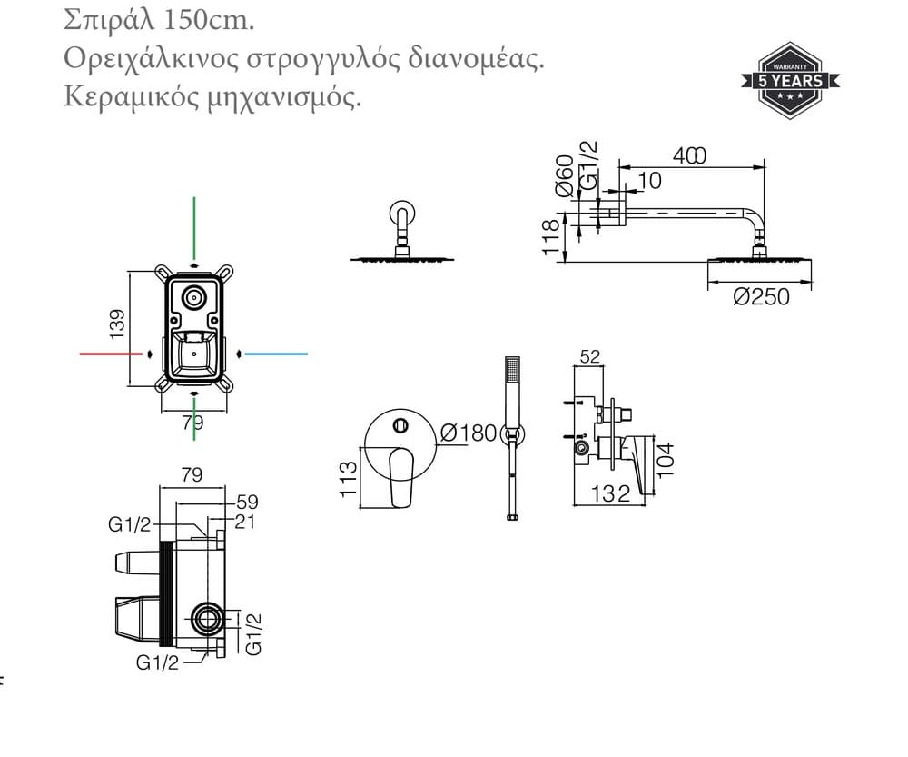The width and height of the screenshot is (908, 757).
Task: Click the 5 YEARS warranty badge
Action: click(x=791, y=81)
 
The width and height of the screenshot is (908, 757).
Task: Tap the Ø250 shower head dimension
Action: click(x=761, y=297)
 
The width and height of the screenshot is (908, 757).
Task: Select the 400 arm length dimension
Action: click(x=689, y=155)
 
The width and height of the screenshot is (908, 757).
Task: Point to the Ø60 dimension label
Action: click(x=565, y=175)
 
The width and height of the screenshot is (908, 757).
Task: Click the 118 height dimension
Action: click(x=551, y=237)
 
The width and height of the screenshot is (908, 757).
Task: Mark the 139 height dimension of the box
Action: click(x=117, y=324)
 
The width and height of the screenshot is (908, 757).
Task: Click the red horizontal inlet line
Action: click(x=111, y=354)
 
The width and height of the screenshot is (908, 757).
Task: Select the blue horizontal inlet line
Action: click(x=276, y=354)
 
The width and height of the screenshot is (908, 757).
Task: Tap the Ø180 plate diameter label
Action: click(x=469, y=433)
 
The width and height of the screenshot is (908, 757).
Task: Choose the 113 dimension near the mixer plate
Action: click(x=348, y=479)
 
